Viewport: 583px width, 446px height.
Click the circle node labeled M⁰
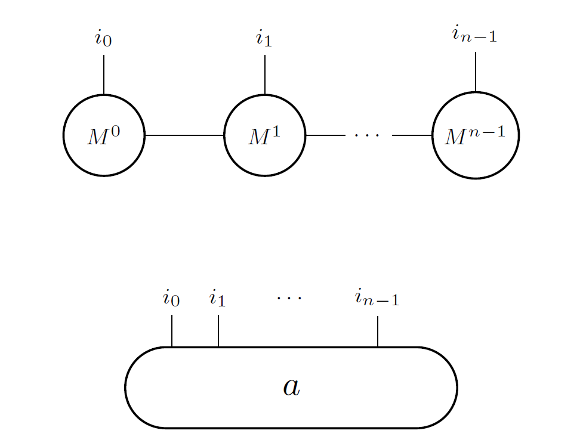[104, 135]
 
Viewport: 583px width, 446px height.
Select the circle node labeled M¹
[264, 135]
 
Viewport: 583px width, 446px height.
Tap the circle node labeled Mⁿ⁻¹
[476, 135]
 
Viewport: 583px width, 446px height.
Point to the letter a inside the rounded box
[291, 387]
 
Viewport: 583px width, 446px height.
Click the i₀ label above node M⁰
[103, 39]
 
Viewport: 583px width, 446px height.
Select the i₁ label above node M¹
[264, 39]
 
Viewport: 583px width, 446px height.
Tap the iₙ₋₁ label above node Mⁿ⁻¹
[474, 36]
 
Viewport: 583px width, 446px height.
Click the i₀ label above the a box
[171, 298]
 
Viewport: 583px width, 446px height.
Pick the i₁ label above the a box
[218, 298]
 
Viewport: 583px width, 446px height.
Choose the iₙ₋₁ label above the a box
[377, 298]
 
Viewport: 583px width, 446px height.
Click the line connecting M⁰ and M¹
[184, 135]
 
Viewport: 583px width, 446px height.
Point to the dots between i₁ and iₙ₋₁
[289, 296]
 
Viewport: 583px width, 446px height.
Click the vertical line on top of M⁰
[104, 75]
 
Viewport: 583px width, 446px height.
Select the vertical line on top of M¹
[264, 75]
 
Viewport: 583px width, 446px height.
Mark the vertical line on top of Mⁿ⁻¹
[476, 72]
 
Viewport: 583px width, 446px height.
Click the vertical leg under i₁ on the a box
[218, 331]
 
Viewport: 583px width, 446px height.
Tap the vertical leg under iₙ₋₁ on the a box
[378, 331]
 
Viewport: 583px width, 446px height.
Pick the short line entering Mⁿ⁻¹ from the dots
[412, 135]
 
